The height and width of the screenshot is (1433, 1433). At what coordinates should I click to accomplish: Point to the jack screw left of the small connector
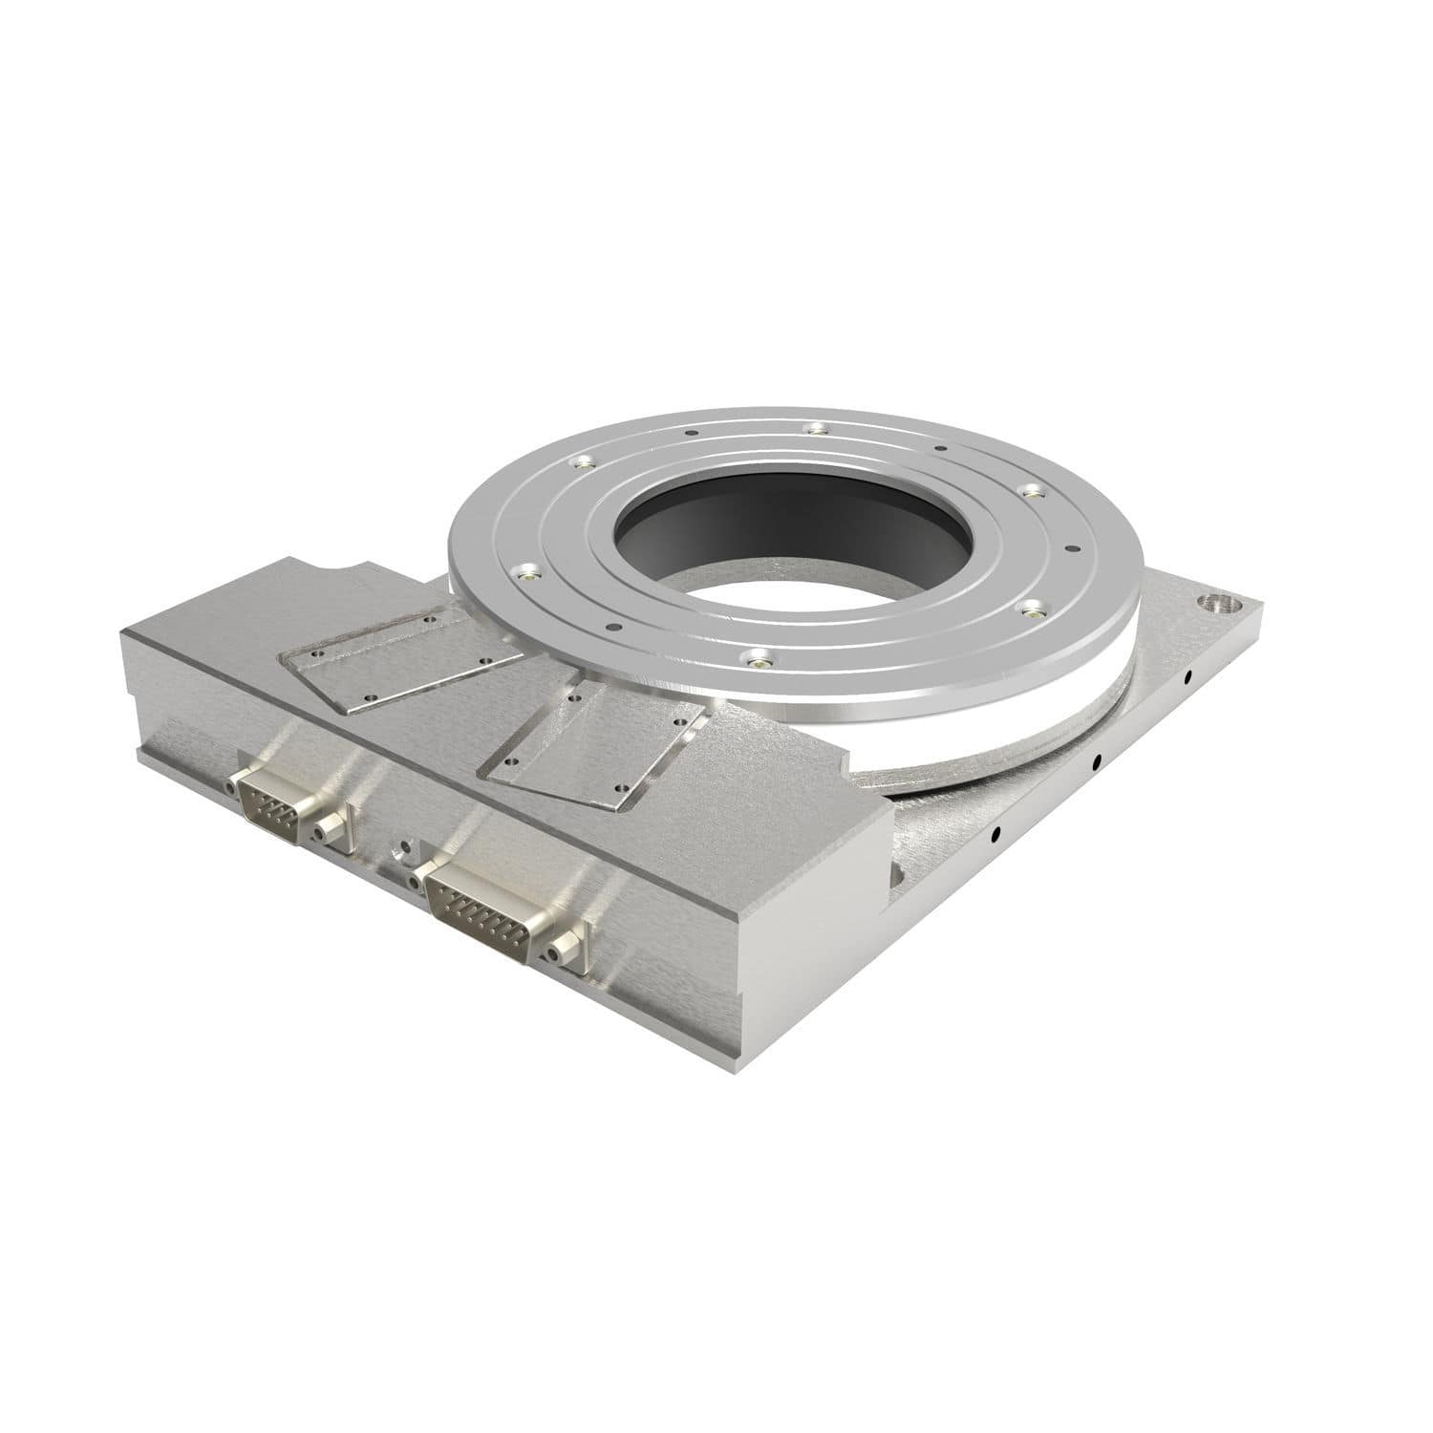(232, 784)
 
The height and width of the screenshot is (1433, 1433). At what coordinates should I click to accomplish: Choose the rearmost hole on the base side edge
(1187, 677)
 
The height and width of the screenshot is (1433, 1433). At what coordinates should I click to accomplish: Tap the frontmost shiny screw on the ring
(758, 658)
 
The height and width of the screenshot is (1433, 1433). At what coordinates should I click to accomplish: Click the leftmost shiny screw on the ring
(524, 573)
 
